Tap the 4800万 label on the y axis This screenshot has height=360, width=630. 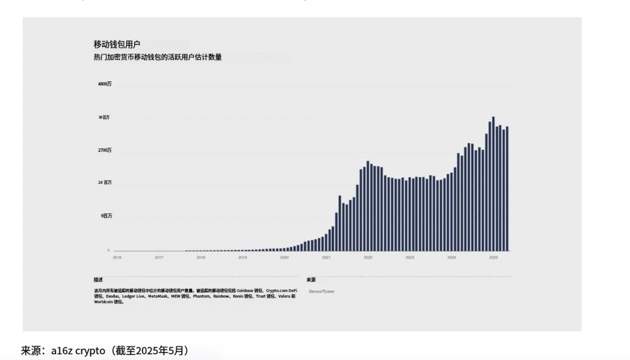[105, 84]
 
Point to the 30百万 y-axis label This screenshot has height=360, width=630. [104, 117]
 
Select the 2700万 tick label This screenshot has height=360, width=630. [105, 150]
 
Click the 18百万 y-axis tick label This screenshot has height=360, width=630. [105, 183]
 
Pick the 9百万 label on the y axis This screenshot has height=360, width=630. [106, 216]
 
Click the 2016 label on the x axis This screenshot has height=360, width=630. [117, 257]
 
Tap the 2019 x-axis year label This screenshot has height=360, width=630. [242, 257]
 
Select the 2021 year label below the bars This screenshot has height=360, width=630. [326, 257]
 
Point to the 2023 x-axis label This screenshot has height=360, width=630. [409, 257]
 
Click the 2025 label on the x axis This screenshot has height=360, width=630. [493, 257]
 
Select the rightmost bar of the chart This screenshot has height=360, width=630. [507, 189]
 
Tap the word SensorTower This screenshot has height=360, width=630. [321, 291]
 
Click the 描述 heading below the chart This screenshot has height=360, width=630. [98, 279]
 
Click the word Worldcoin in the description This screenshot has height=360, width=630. [103, 302]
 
